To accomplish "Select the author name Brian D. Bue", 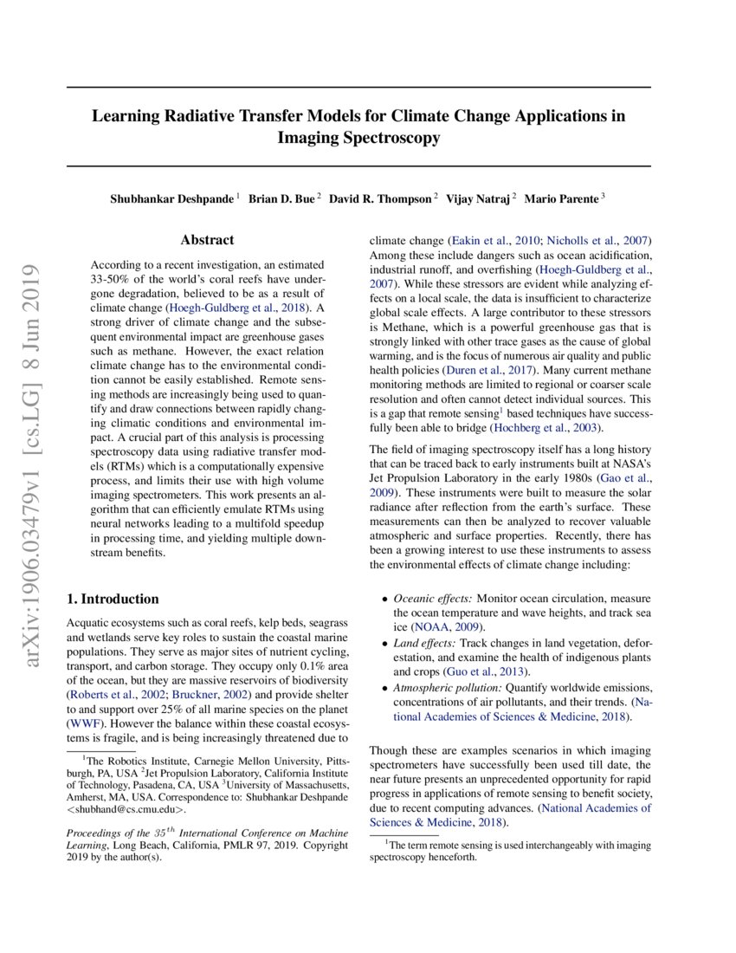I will [x=281, y=199].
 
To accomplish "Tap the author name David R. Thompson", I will [x=380, y=199].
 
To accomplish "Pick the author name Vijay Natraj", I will [x=479, y=199].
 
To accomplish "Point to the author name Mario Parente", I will [x=565, y=199].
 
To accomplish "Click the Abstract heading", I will [x=207, y=240].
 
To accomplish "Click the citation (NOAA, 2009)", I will [x=447, y=626].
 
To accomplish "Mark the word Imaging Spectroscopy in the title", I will [x=358, y=138].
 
